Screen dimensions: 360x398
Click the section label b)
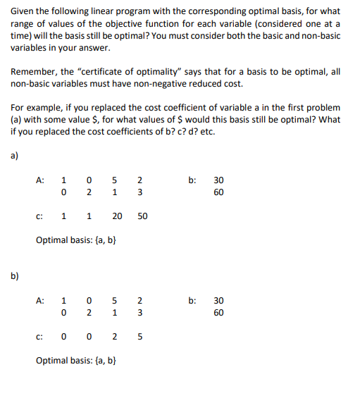(x=15, y=275)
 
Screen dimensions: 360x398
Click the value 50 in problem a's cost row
(x=142, y=216)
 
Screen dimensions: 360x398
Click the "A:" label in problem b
(x=42, y=299)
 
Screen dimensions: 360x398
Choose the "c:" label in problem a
(x=41, y=216)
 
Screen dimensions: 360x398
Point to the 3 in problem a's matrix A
(x=140, y=191)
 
